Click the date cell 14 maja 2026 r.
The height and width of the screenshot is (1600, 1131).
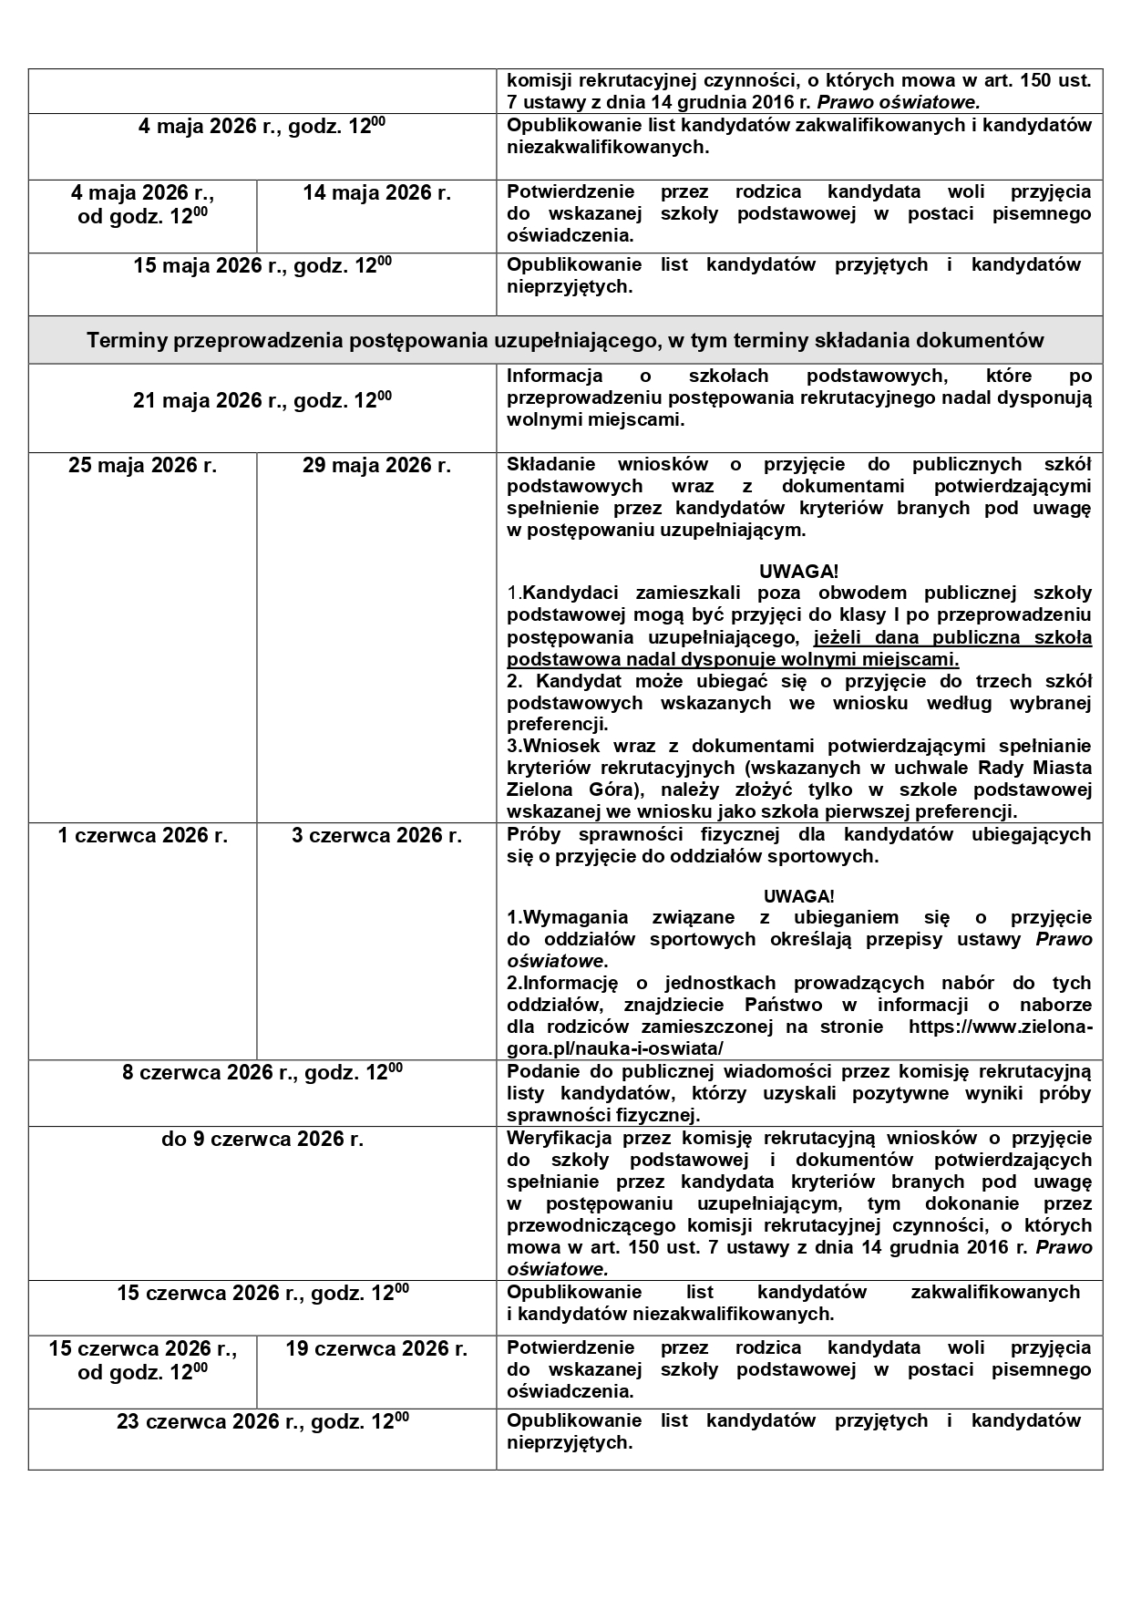376,193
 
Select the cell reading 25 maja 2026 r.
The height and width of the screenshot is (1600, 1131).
142,466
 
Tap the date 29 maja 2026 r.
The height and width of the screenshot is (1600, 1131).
376,466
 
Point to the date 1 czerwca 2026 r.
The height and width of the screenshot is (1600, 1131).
142,835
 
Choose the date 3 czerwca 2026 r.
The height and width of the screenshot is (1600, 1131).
376,835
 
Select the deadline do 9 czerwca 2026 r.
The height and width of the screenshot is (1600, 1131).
262,1140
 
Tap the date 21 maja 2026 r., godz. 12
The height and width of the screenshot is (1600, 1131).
262,400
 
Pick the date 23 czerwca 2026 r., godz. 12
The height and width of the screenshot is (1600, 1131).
262,1422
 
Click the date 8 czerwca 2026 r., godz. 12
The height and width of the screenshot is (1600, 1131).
262,1073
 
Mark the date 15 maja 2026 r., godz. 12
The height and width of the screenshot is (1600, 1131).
262,266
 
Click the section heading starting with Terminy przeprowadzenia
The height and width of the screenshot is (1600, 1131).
565,340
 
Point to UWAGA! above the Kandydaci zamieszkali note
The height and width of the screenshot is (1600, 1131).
798,572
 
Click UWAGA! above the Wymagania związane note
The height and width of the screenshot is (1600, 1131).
798,896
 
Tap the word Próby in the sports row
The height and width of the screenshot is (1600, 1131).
533,834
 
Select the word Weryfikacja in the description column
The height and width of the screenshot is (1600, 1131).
559,1138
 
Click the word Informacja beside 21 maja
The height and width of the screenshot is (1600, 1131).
554,376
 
